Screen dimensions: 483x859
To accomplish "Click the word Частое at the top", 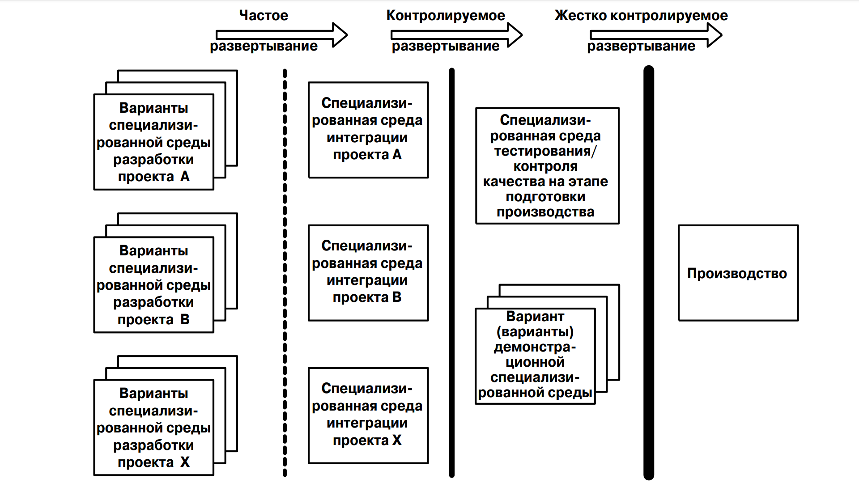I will pos(264,16).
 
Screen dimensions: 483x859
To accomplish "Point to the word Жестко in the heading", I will pos(581,16).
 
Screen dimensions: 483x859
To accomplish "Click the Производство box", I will pos(738,273).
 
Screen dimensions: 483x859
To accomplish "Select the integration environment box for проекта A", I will pos(368,130).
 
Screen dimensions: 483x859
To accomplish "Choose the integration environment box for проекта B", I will pos(368,272).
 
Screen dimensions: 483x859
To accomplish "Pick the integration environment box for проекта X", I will pos(368,415).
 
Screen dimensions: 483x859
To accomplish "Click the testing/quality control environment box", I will pos(547,165).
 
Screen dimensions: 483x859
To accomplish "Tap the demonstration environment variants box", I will pos(535,356).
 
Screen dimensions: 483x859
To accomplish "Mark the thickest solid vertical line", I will pos(649,273).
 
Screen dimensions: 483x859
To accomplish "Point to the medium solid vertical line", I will pos(452,273).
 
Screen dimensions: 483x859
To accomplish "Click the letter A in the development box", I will pos(185,177).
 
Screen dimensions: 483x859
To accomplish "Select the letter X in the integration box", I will pos(397,441).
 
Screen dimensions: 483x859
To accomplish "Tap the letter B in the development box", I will pos(185,320).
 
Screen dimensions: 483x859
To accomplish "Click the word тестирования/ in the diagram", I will pos(545,151).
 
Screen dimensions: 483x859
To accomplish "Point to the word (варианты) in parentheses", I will pos(535,332).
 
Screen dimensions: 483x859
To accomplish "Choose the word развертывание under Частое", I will pos(264,46).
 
